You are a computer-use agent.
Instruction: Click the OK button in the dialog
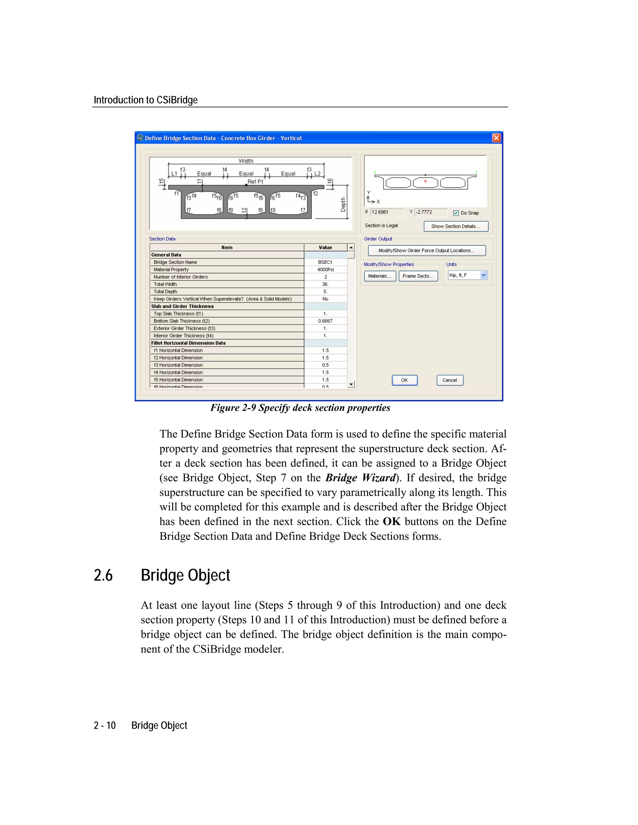click(404, 380)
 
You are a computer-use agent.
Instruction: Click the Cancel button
click(450, 380)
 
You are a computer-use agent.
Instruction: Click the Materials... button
click(380, 276)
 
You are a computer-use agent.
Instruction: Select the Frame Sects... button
click(418, 276)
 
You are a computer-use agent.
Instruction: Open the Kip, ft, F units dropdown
click(483, 276)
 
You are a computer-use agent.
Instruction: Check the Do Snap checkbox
click(456, 213)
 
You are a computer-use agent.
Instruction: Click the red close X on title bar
click(497, 138)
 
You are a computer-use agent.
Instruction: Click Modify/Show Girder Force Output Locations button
click(427, 250)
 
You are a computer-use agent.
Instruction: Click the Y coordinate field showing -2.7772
click(430, 212)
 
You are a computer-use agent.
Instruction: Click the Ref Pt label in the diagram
click(255, 182)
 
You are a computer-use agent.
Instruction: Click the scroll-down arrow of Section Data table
click(351, 384)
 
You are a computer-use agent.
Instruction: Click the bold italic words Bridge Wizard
click(360, 478)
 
